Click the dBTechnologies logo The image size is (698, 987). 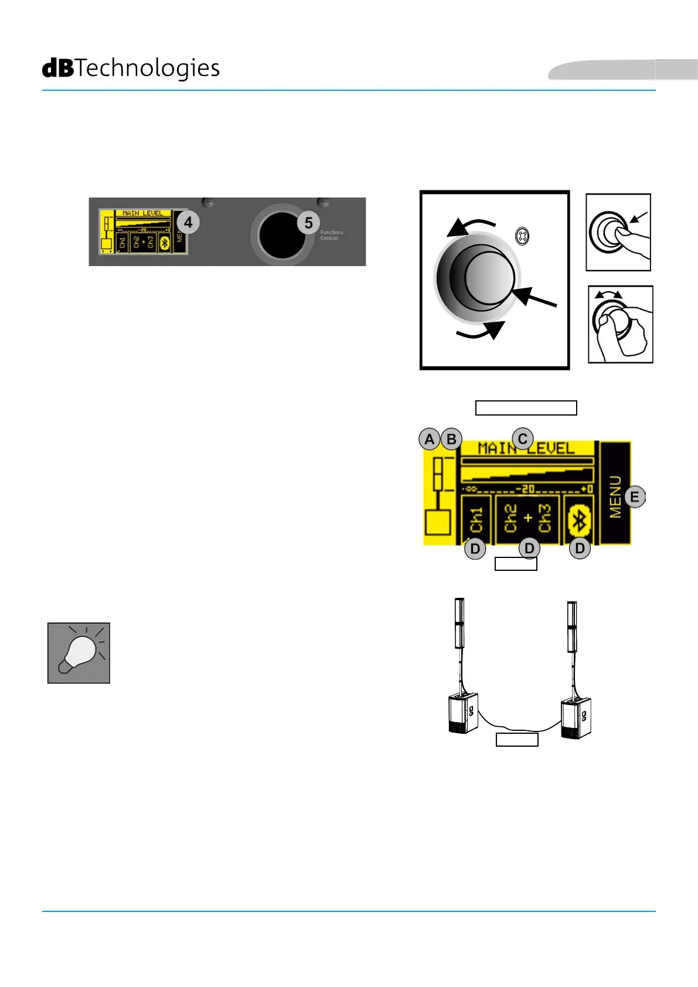pyautogui.click(x=131, y=69)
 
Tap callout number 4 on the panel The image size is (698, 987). pyautogui.click(x=188, y=223)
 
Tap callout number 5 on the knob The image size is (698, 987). pyautogui.click(x=308, y=223)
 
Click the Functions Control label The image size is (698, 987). pyautogui.click(x=331, y=235)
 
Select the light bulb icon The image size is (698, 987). pyautogui.click(x=79, y=653)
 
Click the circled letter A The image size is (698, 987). pyautogui.click(x=430, y=439)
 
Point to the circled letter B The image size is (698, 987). pyautogui.click(x=451, y=439)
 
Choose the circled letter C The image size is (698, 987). pyautogui.click(x=522, y=438)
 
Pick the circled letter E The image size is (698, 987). pyautogui.click(x=634, y=498)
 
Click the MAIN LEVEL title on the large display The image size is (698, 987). pyautogui.click(x=526, y=449)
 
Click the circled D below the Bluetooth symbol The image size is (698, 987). pyautogui.click(x=580, y=549)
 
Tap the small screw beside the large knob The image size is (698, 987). pyautogui.click(x=522, y=237)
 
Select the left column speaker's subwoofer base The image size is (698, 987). pyautogui.click(x=463, y=713)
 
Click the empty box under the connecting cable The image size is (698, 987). pyautogui.click(x=517, y=740)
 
